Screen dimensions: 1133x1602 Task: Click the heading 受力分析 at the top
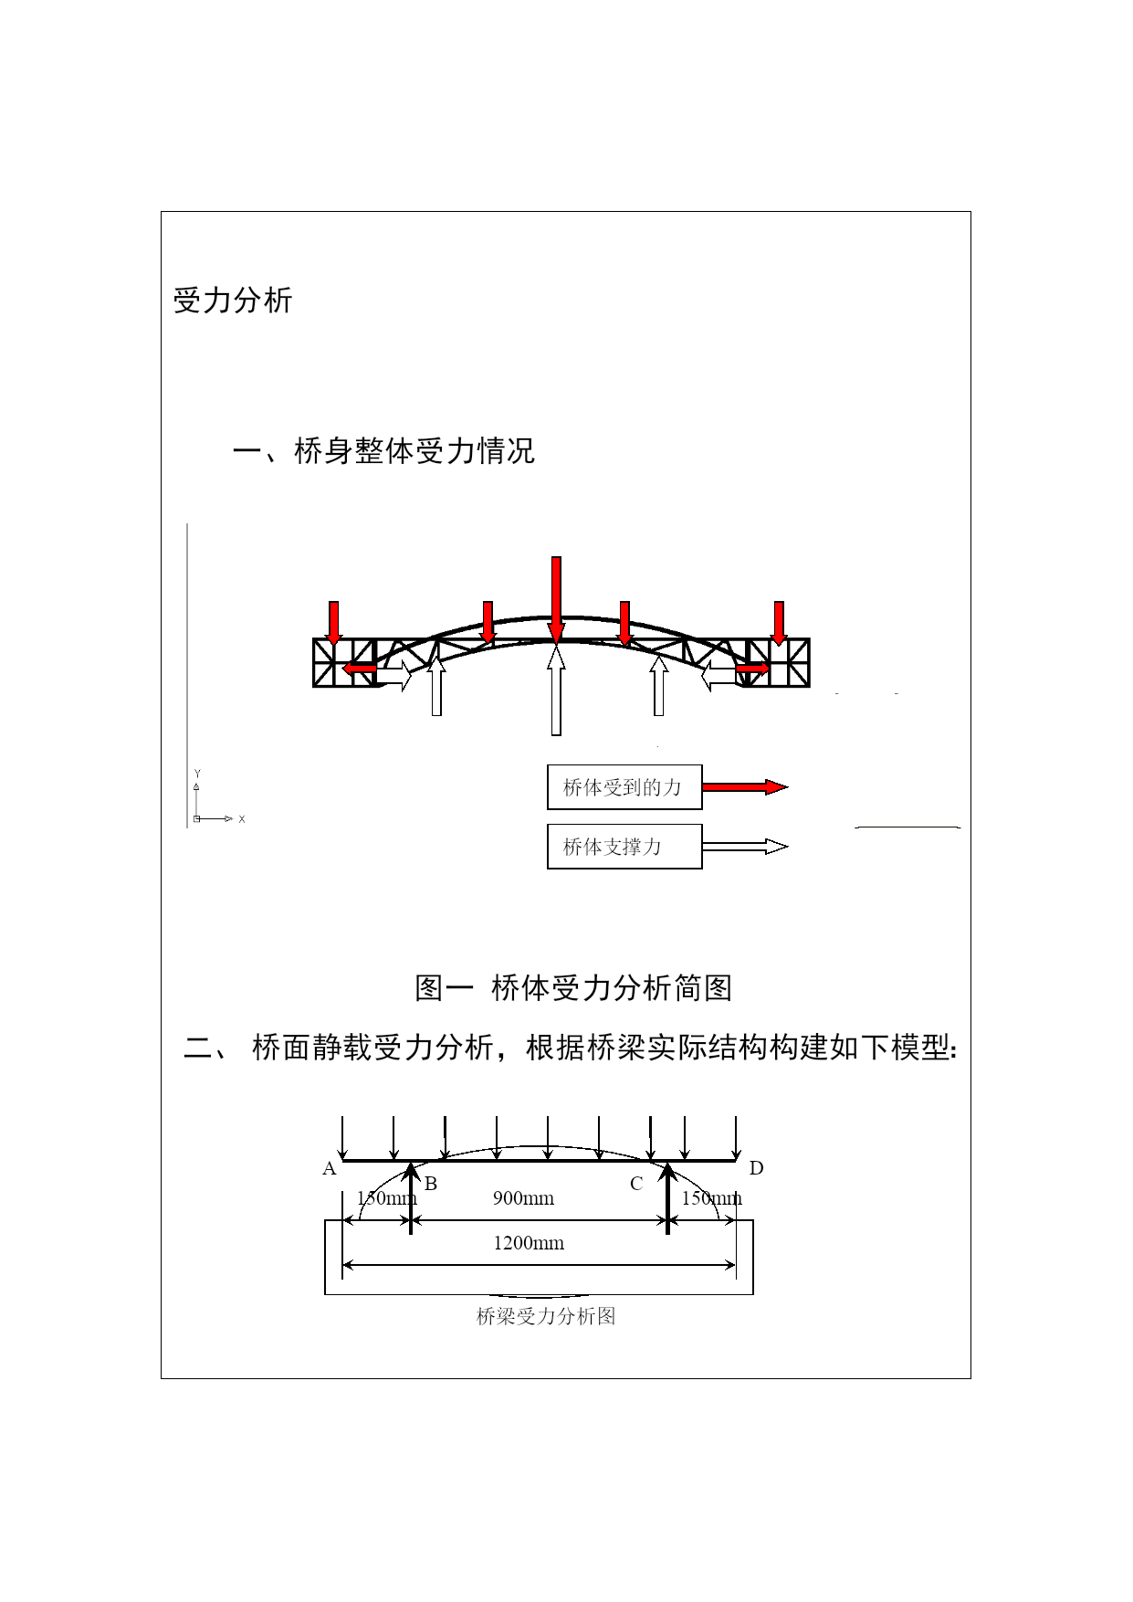point(233,300)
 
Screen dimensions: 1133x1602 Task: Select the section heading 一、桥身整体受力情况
point(383,451)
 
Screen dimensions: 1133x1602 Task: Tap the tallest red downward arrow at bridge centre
point(556,599)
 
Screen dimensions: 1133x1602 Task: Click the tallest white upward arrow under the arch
point(556,690)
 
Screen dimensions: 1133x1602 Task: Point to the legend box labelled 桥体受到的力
point(624,787)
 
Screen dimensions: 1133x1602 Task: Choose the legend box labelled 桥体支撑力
point(624,847)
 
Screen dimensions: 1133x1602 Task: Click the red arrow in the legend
point(745,787)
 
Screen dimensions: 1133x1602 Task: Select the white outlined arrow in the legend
point(745,847)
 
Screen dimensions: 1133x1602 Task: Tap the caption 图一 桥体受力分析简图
point(573,987)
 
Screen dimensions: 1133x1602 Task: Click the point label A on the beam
point(330,1168)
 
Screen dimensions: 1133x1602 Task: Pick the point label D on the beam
point(756,1168)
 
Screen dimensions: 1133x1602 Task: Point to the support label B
point(431,1184)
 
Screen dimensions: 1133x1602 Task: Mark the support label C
point(636,1184)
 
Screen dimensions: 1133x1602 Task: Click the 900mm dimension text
point(523,1198)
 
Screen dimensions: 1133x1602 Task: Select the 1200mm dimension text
point(529,1243)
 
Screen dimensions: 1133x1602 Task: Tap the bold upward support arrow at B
point(411,1197)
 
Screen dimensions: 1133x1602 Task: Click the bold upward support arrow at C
point(667,1197)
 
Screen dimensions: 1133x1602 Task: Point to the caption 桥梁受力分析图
point(546,1316)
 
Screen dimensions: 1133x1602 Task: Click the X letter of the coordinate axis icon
point(242,819)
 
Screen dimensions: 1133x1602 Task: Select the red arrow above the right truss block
point(779,623)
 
